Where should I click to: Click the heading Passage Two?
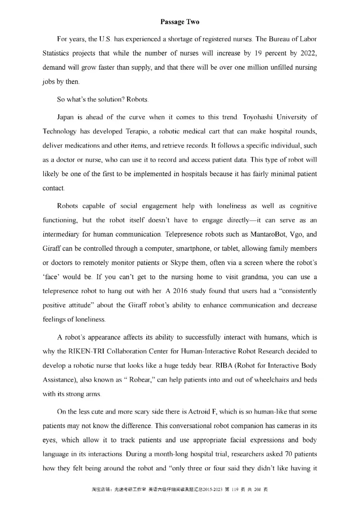pyautogui.click(x=180, y=22)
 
